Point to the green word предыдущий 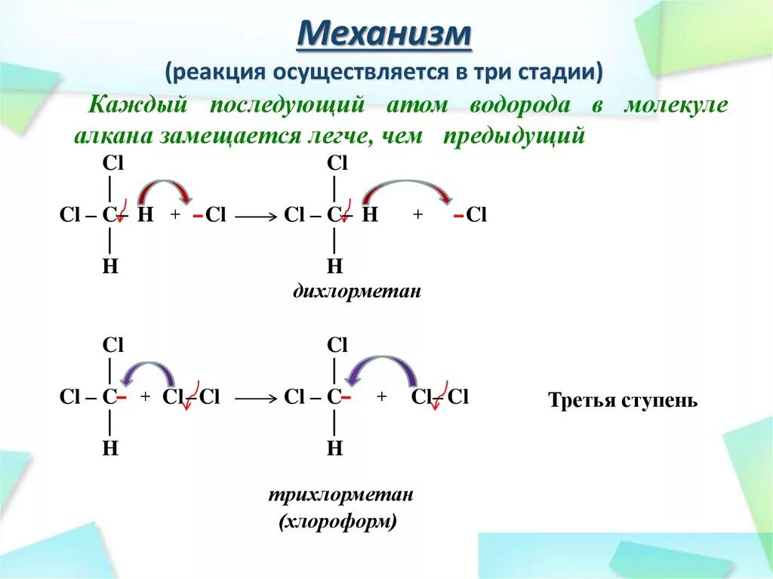pos(514,136)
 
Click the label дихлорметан pos(356,291)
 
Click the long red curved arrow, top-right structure pos(408,186)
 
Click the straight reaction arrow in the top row pos(256,217)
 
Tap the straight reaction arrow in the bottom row pos(256,397)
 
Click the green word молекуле pos(676,105)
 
